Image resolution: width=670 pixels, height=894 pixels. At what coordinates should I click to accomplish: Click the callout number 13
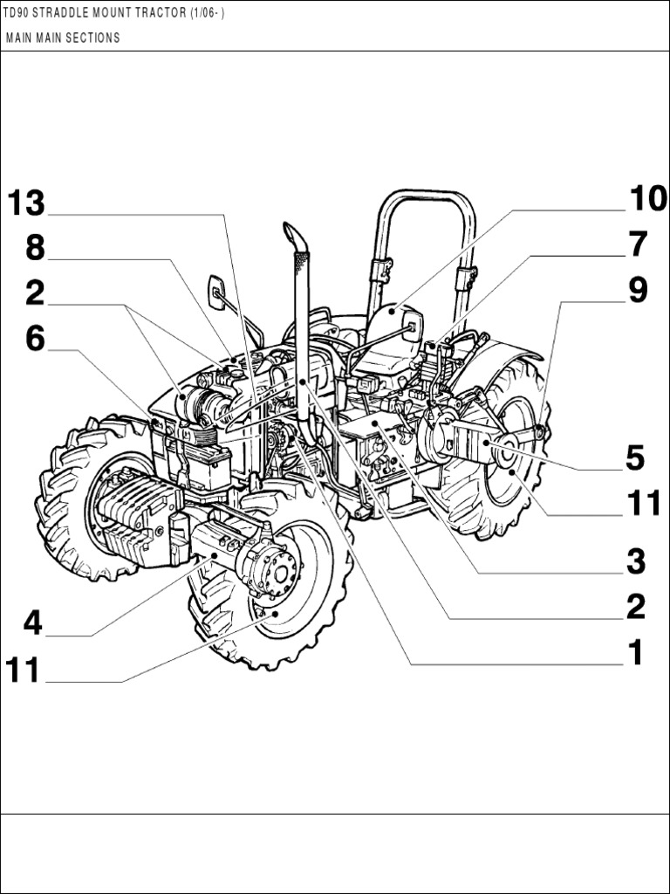tap(26, 203)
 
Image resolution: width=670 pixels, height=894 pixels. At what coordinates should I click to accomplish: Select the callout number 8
tap(34, 248)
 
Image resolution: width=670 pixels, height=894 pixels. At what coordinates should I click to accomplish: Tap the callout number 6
tap(34, 339)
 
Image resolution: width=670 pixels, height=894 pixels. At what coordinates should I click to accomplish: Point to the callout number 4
tap(32, 623)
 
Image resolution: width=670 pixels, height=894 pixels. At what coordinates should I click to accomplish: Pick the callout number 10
tap(647, 199)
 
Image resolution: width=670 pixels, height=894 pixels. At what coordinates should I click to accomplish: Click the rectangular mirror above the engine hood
tap(215, 291)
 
